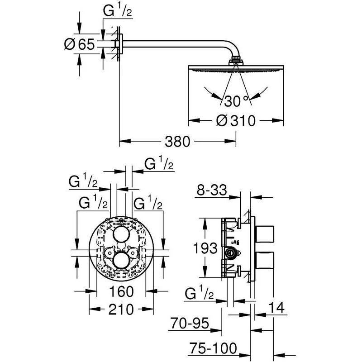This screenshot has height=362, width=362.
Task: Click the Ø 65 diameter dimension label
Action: point(80,44)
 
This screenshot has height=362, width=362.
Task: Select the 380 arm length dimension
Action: point(176,142)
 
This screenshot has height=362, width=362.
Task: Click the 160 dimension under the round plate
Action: point(122,291)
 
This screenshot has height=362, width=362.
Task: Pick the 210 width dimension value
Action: point(121,310)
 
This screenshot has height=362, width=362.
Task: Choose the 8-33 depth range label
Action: point(212,191)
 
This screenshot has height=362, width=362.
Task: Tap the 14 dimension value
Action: point(276,308)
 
